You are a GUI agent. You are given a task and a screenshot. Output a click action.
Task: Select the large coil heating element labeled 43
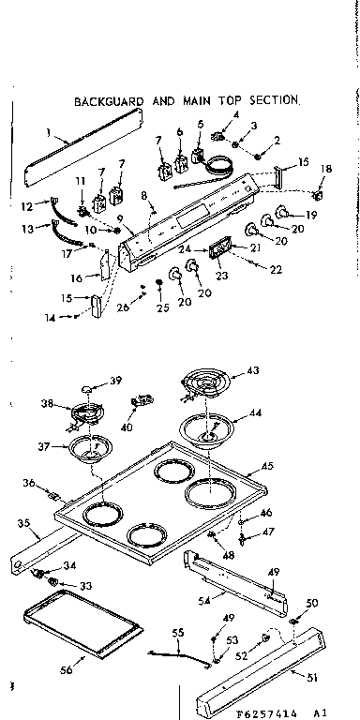(204, 385)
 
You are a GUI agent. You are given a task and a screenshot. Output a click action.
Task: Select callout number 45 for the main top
(267, 465)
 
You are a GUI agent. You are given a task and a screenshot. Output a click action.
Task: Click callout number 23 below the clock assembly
(223, 277)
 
